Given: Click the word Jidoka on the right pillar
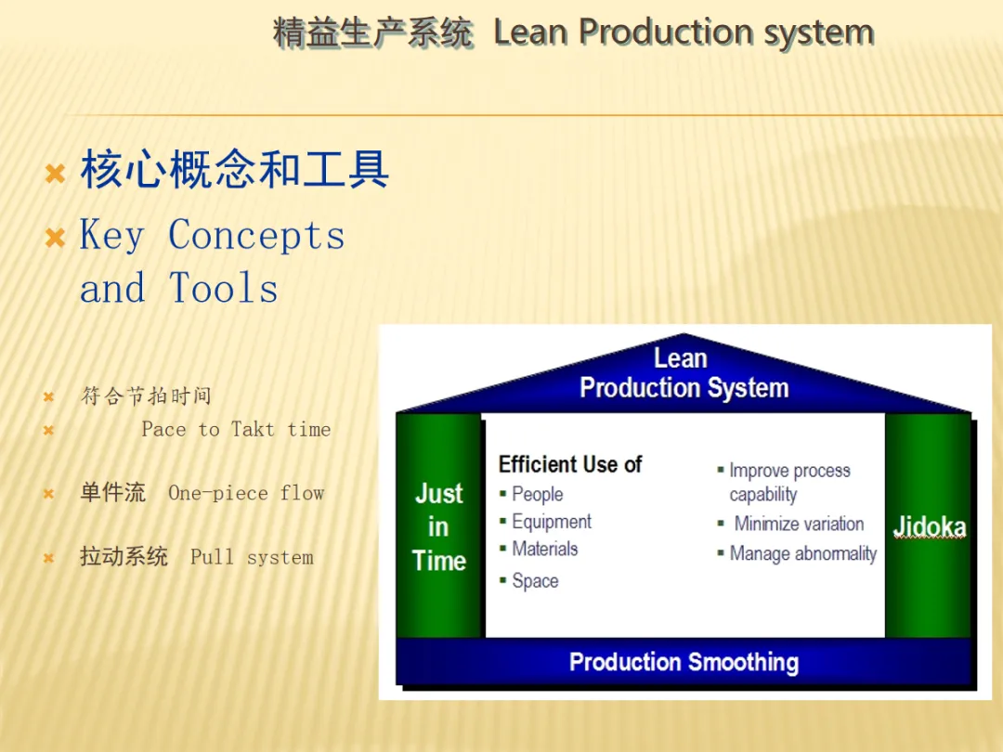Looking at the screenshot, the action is coord(930,527).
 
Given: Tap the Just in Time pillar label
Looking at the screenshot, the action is coord(438,527).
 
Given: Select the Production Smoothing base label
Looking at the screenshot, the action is coord(684,663).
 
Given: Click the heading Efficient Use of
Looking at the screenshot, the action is coord(570,464).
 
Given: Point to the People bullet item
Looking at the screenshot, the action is coord(538,494).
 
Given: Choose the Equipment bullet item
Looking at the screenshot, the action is coord(552,522).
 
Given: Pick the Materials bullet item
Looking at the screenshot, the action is coord(544,549).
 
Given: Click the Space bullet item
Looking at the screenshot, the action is coord(535,580).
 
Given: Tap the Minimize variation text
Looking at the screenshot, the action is coord(799,524).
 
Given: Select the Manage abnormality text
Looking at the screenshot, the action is coord(802,553).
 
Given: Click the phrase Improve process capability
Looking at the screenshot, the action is coord(789,482).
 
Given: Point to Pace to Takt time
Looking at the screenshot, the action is coord(236,429).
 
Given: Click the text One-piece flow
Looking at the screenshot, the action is coord(246,493).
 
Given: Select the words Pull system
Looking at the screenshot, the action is coord(252,557).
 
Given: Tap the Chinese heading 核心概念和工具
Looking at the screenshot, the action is coord(234,170).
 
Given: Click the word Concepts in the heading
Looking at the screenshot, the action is coord(256,235).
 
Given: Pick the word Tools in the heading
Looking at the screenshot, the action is coord(223,288).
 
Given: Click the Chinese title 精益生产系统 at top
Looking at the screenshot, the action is coord(373,32).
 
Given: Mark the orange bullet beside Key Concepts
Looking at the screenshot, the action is coord(55,238).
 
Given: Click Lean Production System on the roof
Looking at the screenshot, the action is coord(684,373).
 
